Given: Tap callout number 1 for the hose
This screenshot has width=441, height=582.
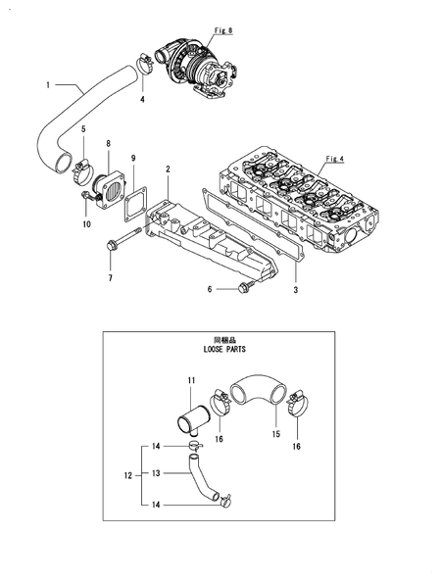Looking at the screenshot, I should tap(47, 85).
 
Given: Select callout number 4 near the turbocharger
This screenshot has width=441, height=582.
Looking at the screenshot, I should tap(141, 100).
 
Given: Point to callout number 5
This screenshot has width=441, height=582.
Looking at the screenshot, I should tap(82, 129).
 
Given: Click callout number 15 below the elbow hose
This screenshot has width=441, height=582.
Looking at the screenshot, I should tap(276, 432).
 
